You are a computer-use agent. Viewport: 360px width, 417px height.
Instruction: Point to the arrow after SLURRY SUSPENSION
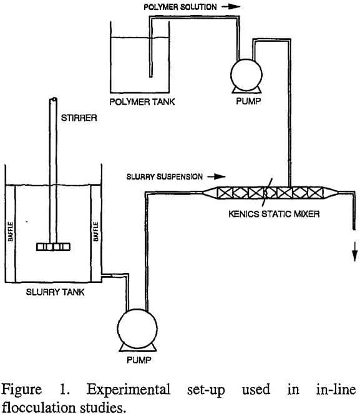213,176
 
